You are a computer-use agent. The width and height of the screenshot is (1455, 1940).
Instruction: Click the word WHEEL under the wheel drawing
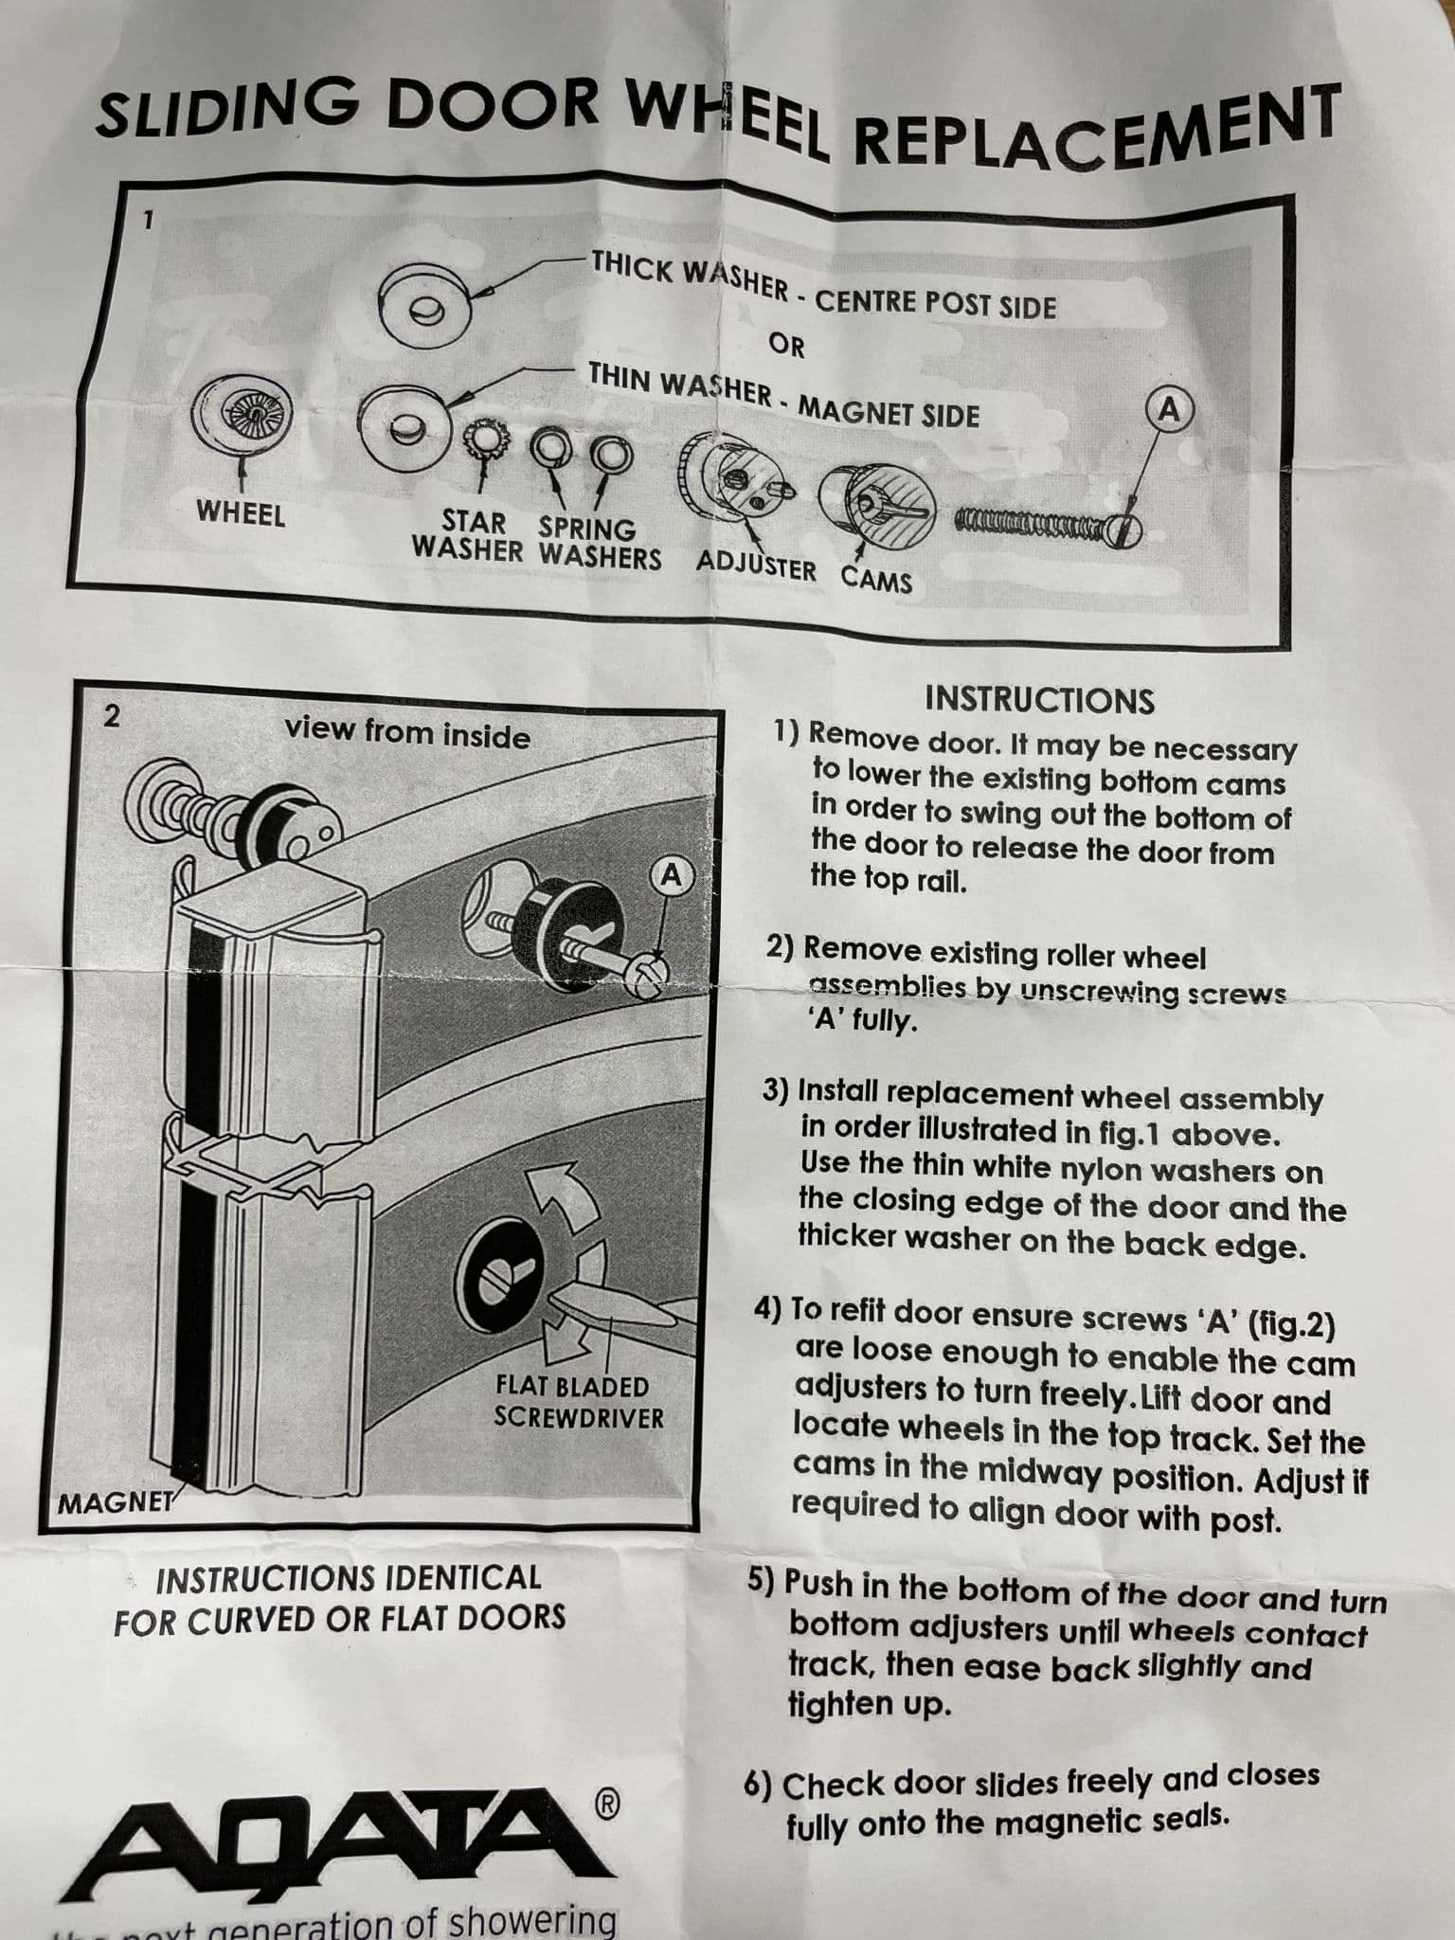coord(241,514)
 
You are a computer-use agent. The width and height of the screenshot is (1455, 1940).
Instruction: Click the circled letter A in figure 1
coord(1171,408)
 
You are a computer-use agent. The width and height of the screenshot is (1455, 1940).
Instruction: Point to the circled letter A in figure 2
coord(672,875)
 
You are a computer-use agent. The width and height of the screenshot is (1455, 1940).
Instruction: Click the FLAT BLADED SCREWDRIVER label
coord(579,1402)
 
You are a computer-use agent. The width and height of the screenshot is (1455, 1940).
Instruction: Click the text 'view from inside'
coord(407,732)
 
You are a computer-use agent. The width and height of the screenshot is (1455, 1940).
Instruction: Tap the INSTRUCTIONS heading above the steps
coord(1039,700)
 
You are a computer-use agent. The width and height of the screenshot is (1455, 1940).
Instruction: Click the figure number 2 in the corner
coord(112,716)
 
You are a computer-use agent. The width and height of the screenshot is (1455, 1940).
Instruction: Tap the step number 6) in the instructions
coord(759,1785)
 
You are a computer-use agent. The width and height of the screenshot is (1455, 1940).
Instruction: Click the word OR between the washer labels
coord(785,346)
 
